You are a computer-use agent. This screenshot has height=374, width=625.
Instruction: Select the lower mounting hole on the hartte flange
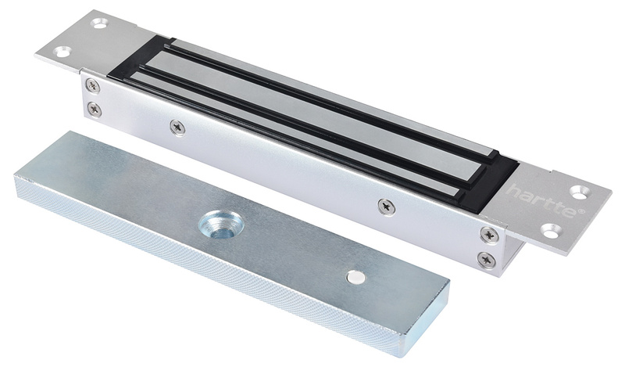552,230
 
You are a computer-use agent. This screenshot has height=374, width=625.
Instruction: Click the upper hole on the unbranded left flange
99,23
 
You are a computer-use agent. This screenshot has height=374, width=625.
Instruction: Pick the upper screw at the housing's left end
93,85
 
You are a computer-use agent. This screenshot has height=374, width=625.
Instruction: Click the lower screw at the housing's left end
95,108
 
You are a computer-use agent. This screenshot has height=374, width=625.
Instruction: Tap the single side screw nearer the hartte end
385,207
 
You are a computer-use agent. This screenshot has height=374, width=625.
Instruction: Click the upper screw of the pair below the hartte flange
487,234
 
